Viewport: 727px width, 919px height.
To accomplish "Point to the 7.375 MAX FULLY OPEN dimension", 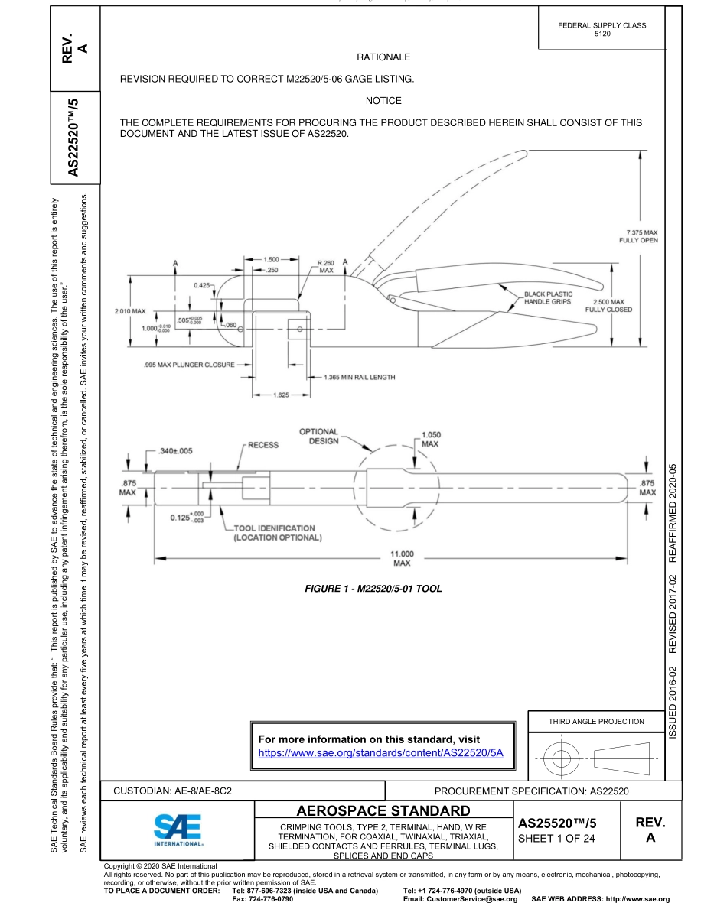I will (637, 235).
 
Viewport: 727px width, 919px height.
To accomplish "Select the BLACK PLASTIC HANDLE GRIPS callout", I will (548, 298).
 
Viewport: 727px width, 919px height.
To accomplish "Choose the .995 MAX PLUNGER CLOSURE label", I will (188, 365).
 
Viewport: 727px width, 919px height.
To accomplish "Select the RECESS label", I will (262, 444).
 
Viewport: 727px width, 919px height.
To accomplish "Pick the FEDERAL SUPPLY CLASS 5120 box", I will (602, 30).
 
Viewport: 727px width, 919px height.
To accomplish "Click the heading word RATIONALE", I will (383, 57).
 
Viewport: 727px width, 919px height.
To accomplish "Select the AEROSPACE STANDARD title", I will (383, 810).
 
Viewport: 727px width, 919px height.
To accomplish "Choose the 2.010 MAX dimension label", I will (129, 311).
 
